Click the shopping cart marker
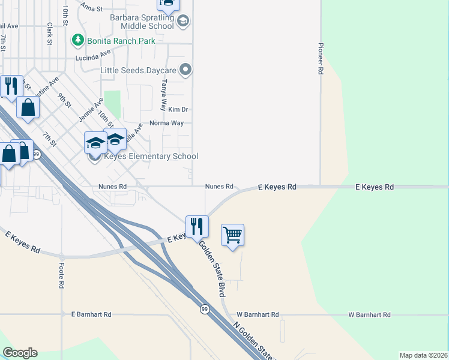pyautogui.click(x=232, y=235)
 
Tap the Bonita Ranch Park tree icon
pyautogui.click(x=77, y=40)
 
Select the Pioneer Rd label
pyautogui.click(x=321, y=58)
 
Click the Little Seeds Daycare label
pyautogui.click(x=138, y=70)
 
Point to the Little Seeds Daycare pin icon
pyautogui.click(x=185, y=70)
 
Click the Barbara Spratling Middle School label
pyautogui.click(x=142, y=22)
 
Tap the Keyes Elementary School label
pyautogui.click(x=151, y=157)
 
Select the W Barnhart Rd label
pyautogui.click(x=258, y=314)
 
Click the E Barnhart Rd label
pyautogui.click(x=91, y=314)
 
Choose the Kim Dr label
pyautogui.click(x=178, y=109)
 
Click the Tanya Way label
pyautogui.click(x=163, y=96)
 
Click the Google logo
pyautogui.click(x=20, y=353)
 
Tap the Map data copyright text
pyautogui.click(x=423, y=355)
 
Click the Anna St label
pyautogui.click(x=92, y=8)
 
